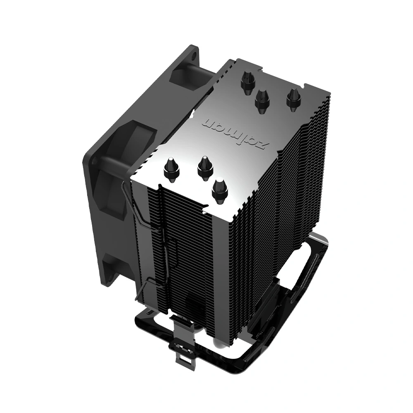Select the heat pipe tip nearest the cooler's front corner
(x=220, y=190)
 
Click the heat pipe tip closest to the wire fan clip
(x=171, y=169)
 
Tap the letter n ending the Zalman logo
(x=211, y=123)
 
